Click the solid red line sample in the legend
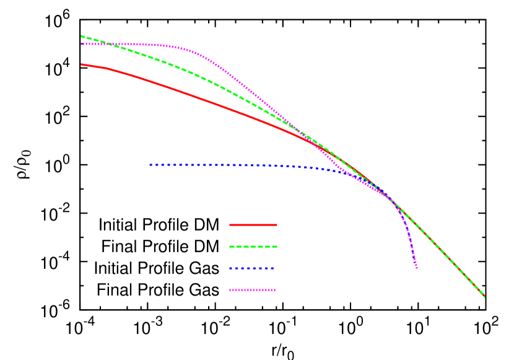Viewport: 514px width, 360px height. (x=253, y=225)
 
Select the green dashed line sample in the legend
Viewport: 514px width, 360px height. (x=253, y=247)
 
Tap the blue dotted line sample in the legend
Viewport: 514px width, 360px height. (x=251, y=268)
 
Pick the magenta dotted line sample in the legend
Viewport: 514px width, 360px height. (x=252, y=290)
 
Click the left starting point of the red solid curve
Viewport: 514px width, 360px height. (x=81, y=64)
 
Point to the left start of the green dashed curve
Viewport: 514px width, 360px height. (x=81, y=36)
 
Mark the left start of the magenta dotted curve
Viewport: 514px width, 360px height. (x=81, y=44)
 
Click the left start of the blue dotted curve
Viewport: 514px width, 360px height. (x=150, y=165)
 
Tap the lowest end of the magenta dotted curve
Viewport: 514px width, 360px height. (x=417, y=268)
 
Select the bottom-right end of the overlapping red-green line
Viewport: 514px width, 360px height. (x=484, y=296)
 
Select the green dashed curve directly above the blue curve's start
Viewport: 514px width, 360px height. (x=150, y=57)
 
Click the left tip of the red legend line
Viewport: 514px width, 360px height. (x=230, y=225)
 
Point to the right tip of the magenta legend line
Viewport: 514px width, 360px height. (x=276, y=290)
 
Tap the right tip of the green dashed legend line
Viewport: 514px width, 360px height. (x=277, y=247)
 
